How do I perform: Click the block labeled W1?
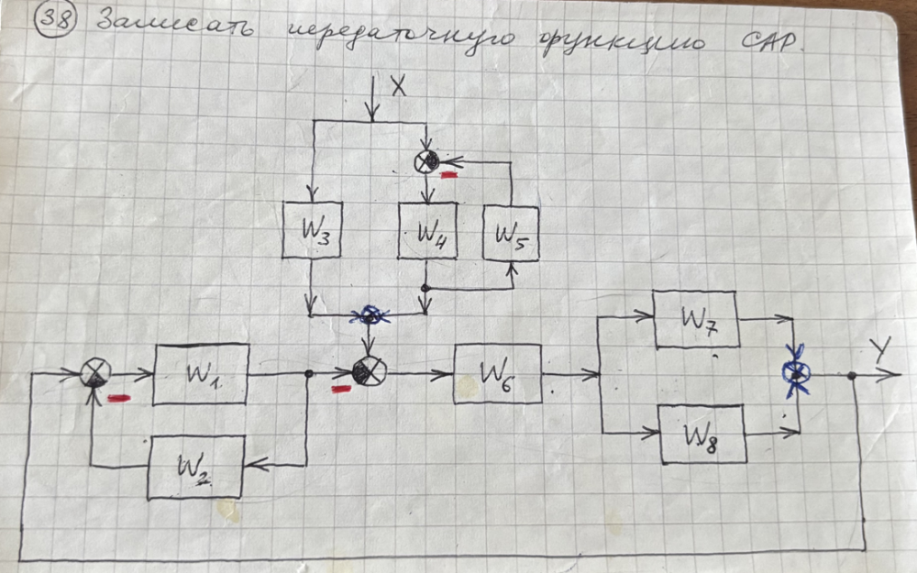pyautogui.click(x=201, y=373)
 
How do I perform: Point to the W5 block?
pyautogui.click(x=511, y=233)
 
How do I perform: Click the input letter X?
pyautogui.click(x=398, y=86)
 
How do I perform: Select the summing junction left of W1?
pyautogui.click(x=96, y=373)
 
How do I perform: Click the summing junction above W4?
pyautogui.click(x=426, y=162)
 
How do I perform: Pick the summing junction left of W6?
pyautogui.click(x=370, y=371)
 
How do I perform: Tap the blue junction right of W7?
pyautogui.click(x=795, y=372)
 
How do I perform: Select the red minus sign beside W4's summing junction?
pyautogui.click(x=449, y=172)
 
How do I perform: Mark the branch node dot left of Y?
pyautogui.click(x=853, y=375)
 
